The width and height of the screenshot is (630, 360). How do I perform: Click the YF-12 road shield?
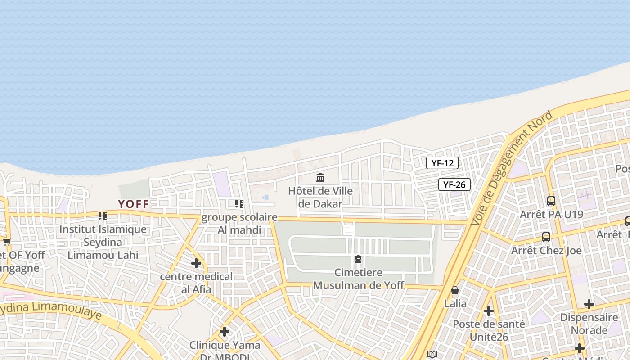coord(442,163)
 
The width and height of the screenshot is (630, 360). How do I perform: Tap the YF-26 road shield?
coord(454,184)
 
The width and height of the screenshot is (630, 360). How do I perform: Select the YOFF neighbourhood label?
coord(133,204)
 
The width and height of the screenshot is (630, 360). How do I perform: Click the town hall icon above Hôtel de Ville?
coord(320,177)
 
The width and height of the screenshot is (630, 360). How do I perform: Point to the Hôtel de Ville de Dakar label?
coord(320,197)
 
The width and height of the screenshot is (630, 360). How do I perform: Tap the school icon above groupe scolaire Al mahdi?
coord(239,204)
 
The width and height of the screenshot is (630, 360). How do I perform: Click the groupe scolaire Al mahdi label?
coord(239,224)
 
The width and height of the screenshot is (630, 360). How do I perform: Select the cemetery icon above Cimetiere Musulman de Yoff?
coord(358,259)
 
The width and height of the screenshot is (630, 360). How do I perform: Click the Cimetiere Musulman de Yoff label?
coord(359,279)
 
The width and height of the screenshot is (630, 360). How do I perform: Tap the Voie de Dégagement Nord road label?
coord(511,168)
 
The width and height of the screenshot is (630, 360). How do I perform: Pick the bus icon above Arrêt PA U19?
coord(551,201)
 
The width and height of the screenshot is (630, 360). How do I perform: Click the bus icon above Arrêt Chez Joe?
coord(546,237)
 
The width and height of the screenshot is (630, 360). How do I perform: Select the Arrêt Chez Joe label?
coord(546,250)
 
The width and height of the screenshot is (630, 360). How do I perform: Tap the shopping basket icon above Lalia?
coord(455,290)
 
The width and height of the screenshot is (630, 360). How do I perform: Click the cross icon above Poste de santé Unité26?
coord(489,310)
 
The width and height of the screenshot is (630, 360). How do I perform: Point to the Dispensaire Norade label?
coord(589,324)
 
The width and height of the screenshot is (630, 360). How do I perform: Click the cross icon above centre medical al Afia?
coord(196,263)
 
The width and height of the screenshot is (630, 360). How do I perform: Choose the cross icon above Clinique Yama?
coord(225,332)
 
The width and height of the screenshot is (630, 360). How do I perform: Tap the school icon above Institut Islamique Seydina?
coord(103,216)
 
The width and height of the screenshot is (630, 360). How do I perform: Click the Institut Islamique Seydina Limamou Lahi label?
coord(103,242)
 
